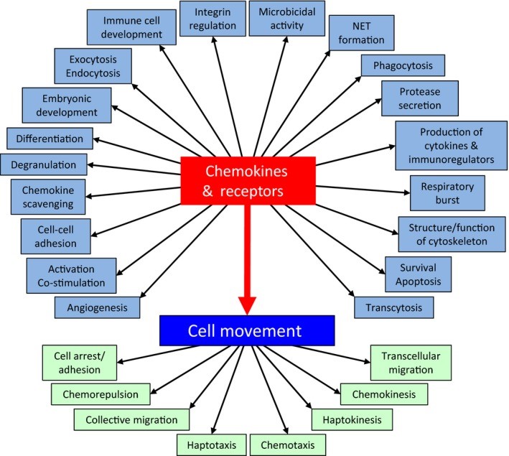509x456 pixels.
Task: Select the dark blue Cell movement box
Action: point(247,332)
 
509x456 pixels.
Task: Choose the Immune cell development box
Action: point(133,27)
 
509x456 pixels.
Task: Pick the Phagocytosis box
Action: point(404,65)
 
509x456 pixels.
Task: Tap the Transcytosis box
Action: point(393,307)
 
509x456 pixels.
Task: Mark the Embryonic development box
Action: point(60,105)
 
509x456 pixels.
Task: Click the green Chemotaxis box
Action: point(287,445)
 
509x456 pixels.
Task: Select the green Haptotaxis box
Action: point(212,445)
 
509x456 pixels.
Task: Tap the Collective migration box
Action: point(132,419)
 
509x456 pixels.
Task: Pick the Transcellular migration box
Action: point(411,363)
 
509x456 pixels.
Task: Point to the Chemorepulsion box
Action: point(105,394)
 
